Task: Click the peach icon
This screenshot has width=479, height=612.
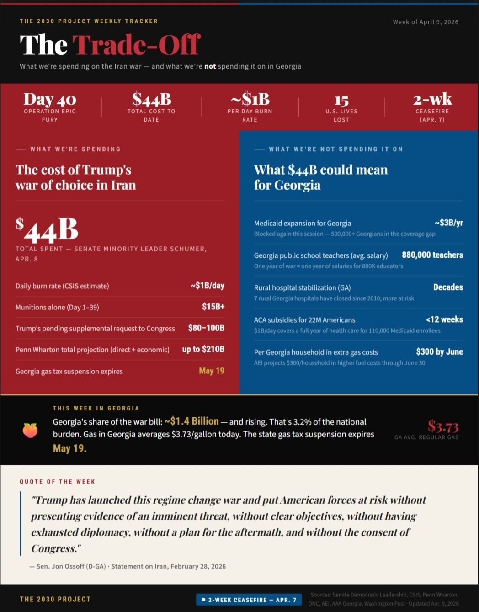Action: (30, 430)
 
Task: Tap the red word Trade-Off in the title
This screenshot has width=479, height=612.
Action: (136, 45)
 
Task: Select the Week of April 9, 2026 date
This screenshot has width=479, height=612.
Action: (426, 22)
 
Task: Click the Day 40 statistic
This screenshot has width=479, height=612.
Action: (50, 99)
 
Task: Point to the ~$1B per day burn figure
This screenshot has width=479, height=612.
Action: (250, 99)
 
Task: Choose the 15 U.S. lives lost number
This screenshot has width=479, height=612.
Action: (341, 101)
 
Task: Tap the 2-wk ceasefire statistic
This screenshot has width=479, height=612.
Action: (432, 99)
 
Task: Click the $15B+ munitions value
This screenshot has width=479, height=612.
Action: (213, 307)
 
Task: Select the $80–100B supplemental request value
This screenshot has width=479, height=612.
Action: (206, 328)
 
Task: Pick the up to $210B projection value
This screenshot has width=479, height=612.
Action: (203, 349)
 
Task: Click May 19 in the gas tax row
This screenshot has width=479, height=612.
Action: (212, 371)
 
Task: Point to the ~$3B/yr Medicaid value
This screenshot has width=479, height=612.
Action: (448, 223)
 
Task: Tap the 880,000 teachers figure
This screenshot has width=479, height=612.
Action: (432, 255)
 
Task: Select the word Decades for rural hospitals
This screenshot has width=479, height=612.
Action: (448, 287)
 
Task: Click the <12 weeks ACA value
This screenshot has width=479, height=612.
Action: (444, 319)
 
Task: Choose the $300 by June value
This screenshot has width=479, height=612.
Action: (439, 351)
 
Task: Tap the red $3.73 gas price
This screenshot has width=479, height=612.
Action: (443, 426)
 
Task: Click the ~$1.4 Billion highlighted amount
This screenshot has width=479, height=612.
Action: (192, 421)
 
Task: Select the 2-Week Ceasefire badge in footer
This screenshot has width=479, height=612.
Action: (249, 600)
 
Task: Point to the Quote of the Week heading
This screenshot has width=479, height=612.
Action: (58, 482)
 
